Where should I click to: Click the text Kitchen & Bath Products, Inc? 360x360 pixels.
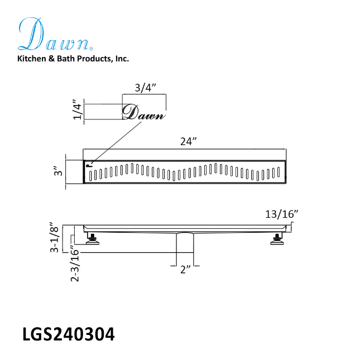(73, 58)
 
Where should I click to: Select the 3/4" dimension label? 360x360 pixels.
(144, 88)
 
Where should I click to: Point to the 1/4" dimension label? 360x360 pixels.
(78, 111)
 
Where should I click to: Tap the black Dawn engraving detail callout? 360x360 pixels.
(143, 113)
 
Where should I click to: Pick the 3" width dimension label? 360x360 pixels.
(55, 170)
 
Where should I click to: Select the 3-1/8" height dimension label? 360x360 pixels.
(54, 237)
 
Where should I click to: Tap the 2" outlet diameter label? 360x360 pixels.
(186, 269)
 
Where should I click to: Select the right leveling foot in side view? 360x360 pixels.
(276, 240)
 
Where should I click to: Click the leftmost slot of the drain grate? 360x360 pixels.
(90, 175)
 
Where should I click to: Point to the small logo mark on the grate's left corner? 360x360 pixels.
(88, 165)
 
